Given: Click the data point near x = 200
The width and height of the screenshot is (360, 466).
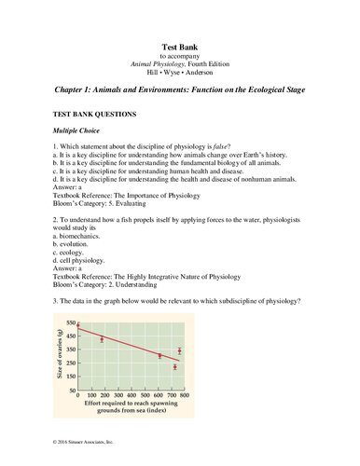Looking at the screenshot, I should [102, 339].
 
